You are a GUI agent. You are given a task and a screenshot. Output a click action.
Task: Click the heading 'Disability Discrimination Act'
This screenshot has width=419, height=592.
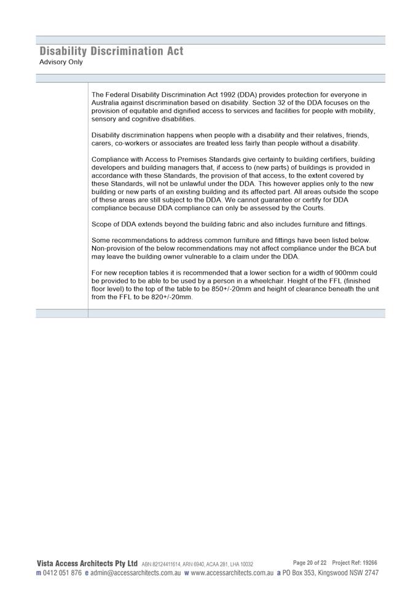pos(111,51)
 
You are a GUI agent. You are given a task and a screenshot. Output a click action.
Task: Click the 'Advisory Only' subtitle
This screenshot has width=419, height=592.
pos(61,62)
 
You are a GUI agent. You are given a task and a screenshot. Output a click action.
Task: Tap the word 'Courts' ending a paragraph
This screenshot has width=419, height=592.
pos(311,208)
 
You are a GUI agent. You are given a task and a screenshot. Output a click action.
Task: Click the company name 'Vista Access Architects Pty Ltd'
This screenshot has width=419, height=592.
pos(87,563)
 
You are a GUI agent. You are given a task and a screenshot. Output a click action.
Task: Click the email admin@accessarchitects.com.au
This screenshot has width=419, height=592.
pos(135,573)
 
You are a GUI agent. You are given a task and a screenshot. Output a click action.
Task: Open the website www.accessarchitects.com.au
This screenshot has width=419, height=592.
pos(232,573)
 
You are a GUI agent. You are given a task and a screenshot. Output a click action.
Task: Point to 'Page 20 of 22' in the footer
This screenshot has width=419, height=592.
pos(310,563)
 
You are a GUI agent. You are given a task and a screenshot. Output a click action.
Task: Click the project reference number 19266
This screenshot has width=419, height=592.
pos(369,563)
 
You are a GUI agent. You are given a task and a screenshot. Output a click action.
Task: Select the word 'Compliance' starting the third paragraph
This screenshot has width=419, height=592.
pos(111,160)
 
